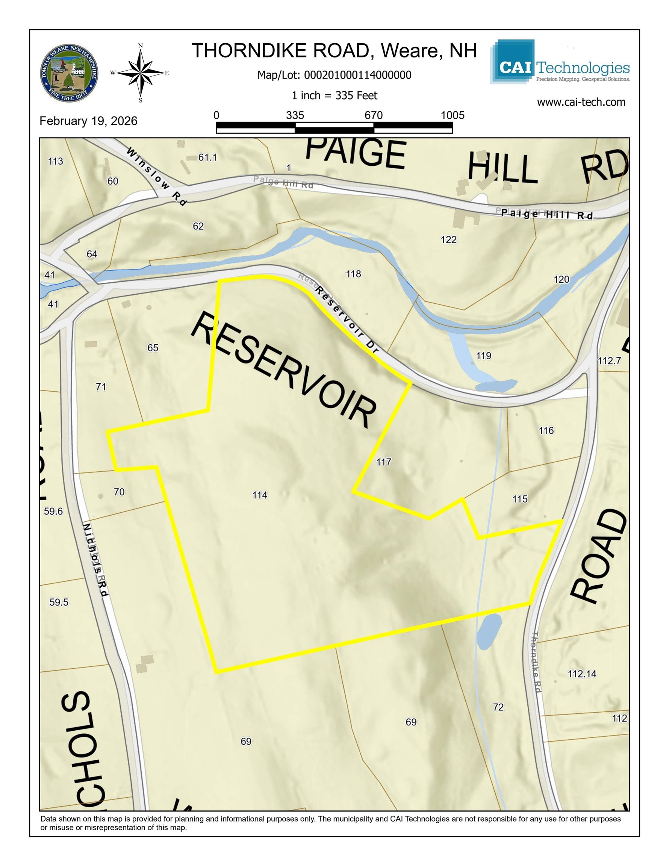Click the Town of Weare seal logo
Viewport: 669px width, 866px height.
click(70, 73)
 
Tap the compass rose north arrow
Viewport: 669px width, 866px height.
click(141, 73)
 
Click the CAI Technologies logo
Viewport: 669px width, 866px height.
click(560, 62)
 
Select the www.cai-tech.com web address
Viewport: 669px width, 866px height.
click(581, 102)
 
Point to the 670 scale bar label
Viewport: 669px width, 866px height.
click(374, 115)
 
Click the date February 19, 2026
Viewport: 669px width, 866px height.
click(88, 121)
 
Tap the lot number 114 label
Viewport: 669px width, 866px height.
click(260, 495)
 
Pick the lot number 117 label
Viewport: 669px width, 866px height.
click(383, 462)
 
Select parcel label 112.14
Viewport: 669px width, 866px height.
click(582, 674)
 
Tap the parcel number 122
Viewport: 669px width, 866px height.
click(448, 239)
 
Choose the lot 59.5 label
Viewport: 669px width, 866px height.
click(59, 602)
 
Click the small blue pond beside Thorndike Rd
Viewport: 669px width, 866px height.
click(489, 631)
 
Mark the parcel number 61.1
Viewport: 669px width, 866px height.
click(208, 157)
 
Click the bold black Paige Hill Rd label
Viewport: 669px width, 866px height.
click(547, 215)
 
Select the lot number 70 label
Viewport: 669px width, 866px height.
click(119, 492)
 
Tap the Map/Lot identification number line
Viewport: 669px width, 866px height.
click(334, 75)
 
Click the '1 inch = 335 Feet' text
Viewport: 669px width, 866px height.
click(334, 95)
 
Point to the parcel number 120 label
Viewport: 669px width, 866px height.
click(561, 280)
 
